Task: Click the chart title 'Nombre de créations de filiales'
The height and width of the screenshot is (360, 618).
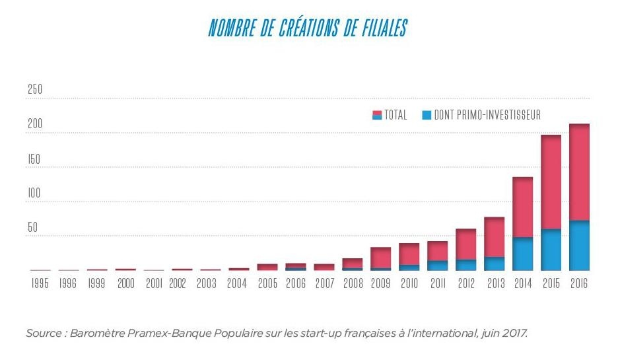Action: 308,28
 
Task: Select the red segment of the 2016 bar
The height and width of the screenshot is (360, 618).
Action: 579,172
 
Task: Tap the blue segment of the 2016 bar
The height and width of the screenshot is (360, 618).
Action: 579,245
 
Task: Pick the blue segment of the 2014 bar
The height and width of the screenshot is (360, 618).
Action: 522,254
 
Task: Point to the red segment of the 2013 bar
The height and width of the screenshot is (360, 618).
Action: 494,236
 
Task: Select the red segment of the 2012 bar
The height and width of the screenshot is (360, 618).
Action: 465,244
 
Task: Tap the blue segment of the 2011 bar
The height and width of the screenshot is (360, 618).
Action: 437,266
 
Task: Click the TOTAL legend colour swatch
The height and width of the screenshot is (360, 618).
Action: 377,115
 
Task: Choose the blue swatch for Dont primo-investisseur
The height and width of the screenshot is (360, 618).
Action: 427,115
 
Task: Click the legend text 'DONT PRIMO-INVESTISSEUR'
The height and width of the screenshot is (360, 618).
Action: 487,115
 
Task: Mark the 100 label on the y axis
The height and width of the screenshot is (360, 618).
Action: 34,194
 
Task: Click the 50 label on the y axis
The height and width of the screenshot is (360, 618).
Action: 32,228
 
